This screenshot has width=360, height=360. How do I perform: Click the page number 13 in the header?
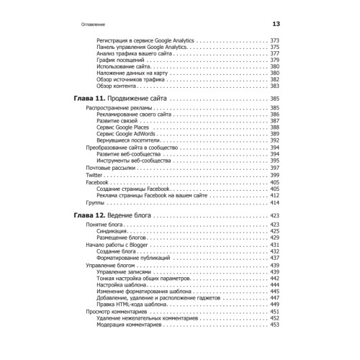[276, 25]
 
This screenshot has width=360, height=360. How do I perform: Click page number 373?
[274, 40]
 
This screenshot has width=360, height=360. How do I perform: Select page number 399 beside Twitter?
[274, 175]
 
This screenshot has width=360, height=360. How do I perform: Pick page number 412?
[274, 196]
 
